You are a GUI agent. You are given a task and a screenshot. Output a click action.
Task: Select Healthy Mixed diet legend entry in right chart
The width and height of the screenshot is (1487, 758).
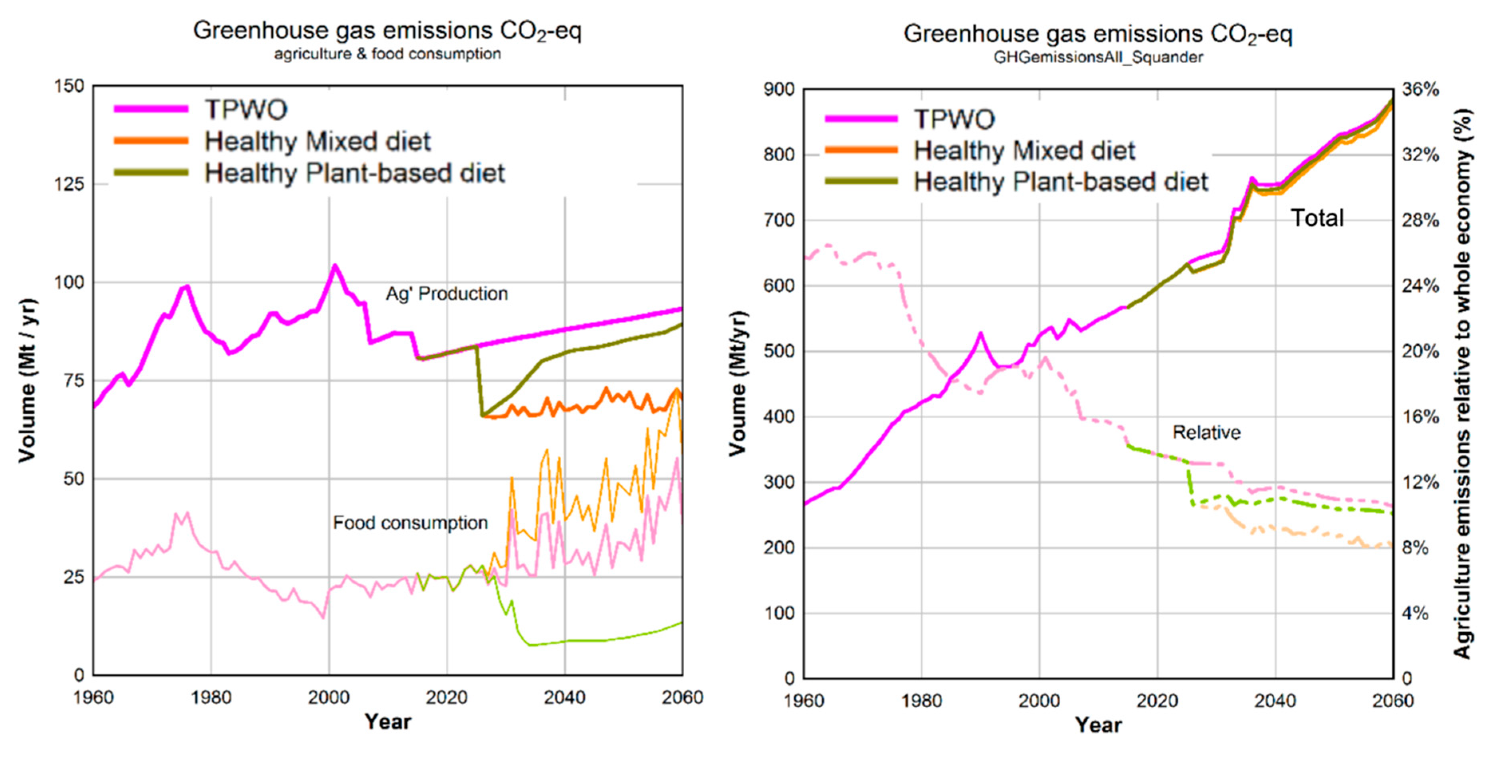coord(1024,150)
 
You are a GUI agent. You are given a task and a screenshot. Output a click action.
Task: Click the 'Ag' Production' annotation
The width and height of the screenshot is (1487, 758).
coord(446,294)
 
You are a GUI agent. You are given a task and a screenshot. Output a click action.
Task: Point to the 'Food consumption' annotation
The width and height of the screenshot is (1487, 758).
coord(410,523)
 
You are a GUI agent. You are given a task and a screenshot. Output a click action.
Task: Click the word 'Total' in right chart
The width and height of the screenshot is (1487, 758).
coord(1317,218)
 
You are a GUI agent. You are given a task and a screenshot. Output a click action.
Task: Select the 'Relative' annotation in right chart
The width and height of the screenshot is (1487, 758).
coord(1206,432)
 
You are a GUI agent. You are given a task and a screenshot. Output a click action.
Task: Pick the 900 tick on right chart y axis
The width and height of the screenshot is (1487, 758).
coord(779,89)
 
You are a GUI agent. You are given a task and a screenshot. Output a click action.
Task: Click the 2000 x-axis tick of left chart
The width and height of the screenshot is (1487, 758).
coord(329,697)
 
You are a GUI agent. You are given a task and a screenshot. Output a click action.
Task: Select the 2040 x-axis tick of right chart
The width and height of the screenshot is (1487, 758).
coord(1275,701)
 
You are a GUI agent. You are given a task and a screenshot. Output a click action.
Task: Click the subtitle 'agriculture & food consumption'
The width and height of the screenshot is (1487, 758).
coord(387,54)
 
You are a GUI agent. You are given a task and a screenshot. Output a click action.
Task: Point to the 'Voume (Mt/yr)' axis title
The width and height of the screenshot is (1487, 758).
coord(737,384)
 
